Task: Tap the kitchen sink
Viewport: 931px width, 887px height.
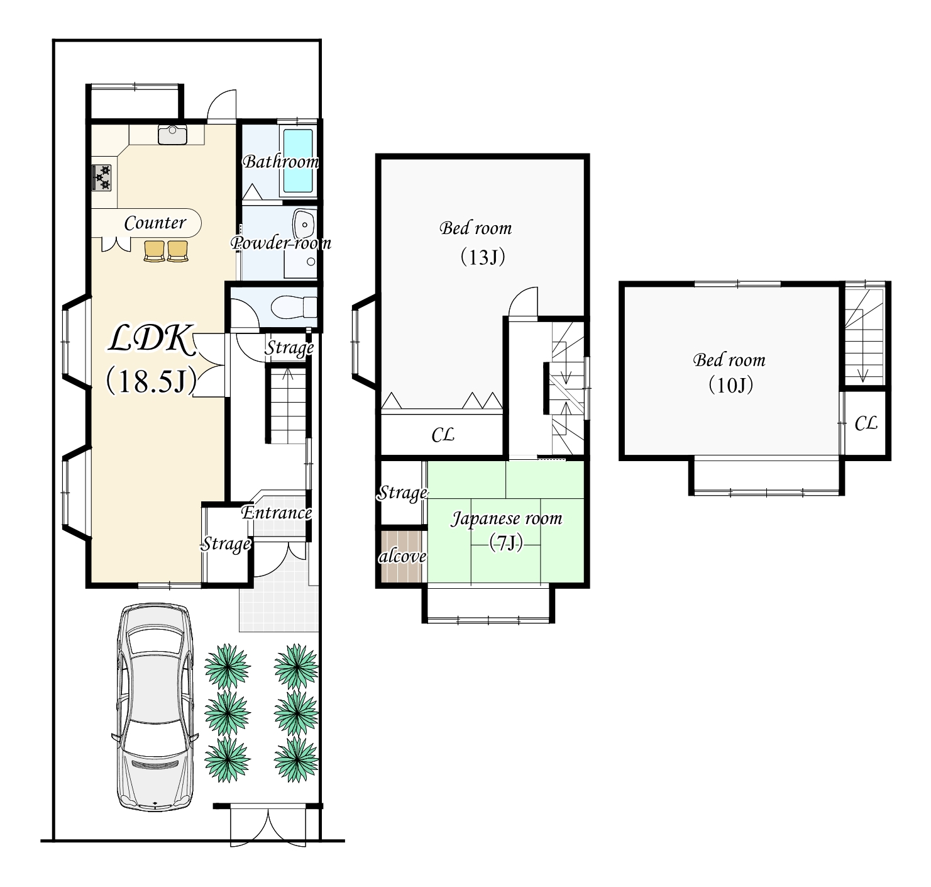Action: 172,135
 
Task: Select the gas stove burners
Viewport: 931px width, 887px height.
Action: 102,177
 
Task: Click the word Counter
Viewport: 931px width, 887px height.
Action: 155,223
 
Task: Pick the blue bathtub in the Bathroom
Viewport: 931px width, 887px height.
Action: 298,160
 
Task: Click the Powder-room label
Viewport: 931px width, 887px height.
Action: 281,243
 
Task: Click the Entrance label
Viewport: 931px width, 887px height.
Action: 276,513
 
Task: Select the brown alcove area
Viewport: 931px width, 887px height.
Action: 402,555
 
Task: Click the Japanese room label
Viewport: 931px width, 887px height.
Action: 506,518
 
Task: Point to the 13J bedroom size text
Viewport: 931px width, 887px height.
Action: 483,257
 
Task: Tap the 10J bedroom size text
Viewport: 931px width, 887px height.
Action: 730,385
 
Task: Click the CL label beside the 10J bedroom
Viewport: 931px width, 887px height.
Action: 866,423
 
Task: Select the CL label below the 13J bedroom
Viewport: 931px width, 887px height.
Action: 443,434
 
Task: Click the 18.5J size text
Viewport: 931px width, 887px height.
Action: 151,381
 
